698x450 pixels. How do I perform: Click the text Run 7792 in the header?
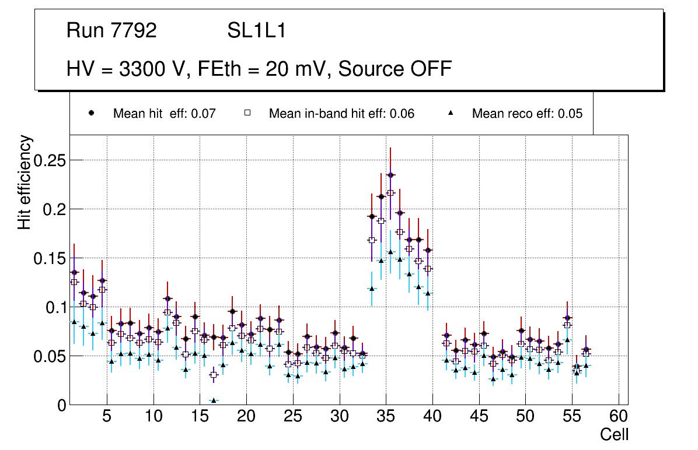111,31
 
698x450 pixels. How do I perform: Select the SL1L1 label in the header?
256,31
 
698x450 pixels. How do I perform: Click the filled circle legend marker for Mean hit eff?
92,113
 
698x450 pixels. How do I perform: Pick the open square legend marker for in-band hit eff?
247,113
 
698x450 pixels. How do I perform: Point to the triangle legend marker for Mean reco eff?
451,113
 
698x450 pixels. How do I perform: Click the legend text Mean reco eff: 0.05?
527,114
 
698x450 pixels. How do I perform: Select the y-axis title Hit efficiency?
25,182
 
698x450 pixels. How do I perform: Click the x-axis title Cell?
615,434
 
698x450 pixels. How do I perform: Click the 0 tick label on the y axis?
62,405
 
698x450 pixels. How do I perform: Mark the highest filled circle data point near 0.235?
390,175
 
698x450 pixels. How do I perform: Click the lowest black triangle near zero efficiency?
214,400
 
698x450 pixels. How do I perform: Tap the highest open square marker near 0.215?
390,193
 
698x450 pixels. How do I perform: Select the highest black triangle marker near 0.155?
390,252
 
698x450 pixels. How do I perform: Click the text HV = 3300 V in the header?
127,69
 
